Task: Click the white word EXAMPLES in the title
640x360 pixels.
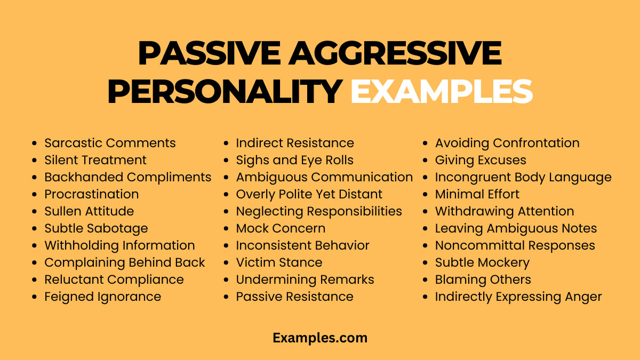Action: coord(442,91)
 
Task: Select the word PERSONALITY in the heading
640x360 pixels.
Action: coord(225,91)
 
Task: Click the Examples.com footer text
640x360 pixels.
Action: coord(320,338)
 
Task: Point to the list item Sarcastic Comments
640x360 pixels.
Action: coord(110,143)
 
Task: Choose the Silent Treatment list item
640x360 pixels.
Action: coord(95,160)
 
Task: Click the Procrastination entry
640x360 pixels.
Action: coord(91,194)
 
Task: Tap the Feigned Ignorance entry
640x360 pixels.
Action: coord(102,297)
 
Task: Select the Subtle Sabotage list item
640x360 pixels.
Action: coord(96,228)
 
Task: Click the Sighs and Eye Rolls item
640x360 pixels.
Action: coord(294,160)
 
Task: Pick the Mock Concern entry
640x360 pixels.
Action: coord(281,228)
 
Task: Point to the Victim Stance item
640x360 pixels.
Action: coord(279,262)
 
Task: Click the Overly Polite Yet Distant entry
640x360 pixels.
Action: coord(309,194)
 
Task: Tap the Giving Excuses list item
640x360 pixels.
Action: coord(481,160)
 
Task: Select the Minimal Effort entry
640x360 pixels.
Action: coord(477,194)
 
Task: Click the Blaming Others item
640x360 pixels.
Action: coord(483,279)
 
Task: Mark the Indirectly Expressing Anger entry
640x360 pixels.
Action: coord(518,297)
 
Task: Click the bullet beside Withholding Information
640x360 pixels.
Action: coord(35,246)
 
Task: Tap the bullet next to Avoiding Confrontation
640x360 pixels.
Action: coord(425,143)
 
